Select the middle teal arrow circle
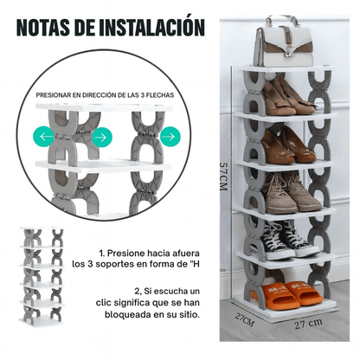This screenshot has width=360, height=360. pos(100,136)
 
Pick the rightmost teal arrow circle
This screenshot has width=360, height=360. pos(170,135)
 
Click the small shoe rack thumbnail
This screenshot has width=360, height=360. pos(42,276)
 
